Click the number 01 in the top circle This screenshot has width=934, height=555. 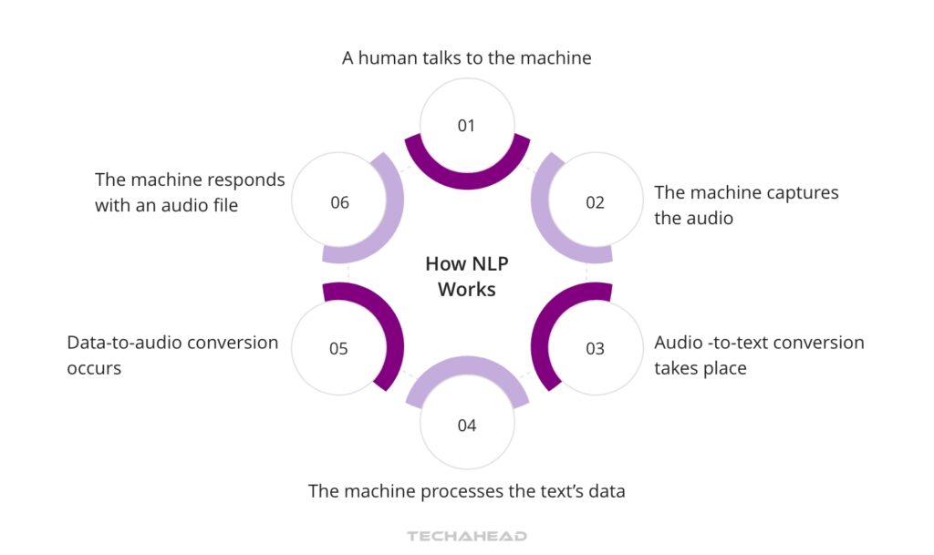(x=466, y=126)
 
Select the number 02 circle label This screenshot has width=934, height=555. (x=595, y=202)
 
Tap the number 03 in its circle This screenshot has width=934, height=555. (x=595, y=348)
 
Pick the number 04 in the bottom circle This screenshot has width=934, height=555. (x=466, y=426)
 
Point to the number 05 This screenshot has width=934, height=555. (x=338, y=348)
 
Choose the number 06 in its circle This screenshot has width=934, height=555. (x=339, y=202)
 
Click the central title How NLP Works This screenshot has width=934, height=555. (x=466, y=276)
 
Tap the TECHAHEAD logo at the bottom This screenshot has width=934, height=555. (x=466, y=536)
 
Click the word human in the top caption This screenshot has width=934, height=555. (x=389, y=58)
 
